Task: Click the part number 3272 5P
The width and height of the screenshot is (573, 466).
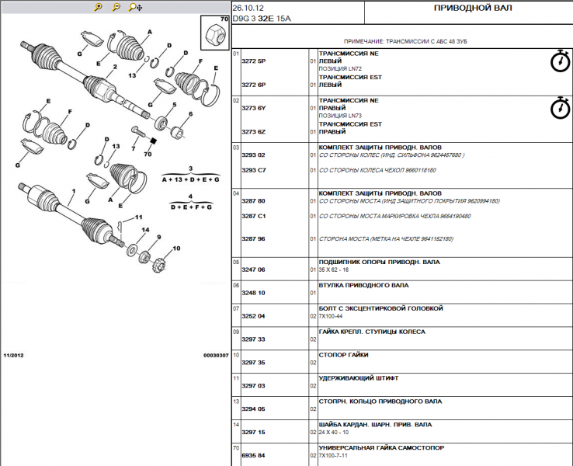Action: click(253, 61)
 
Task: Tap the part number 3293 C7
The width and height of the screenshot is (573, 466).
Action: click(253, 169)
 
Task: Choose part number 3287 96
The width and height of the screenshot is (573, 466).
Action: click(253, 239)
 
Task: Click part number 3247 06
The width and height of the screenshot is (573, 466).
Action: click(253, 270)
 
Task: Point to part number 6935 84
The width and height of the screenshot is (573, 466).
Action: click(253, 456)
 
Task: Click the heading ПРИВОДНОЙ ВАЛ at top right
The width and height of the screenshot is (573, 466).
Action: click(466, 8)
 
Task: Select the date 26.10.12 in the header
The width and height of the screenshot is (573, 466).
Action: click(246, 8)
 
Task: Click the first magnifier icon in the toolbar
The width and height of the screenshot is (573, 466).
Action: click(98, 7)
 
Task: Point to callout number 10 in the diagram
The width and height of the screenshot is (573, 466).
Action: click(175, 249)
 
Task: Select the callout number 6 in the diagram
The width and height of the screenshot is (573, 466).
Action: click(189, 114)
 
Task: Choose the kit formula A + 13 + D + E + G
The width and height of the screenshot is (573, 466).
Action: click(190, 179)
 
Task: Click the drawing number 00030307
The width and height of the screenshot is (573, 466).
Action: click(216, 355)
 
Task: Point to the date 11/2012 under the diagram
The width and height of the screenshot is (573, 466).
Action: click(13, 355)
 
